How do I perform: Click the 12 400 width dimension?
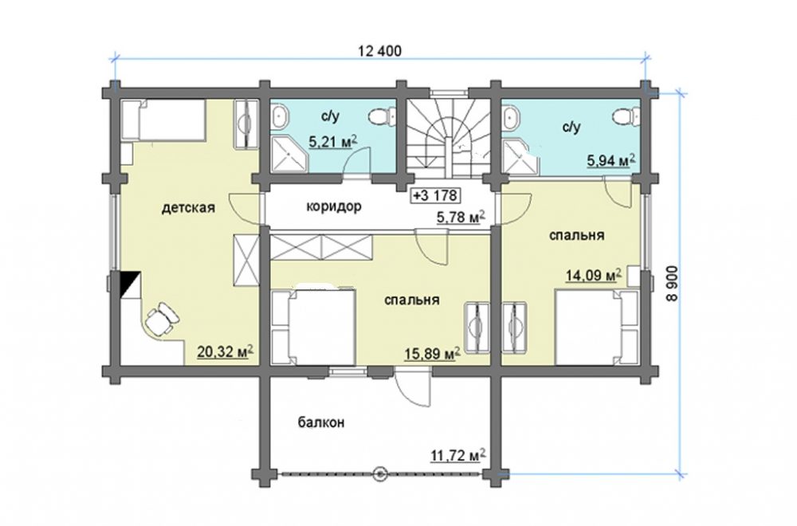coord(379,51)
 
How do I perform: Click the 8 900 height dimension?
coord(673,285)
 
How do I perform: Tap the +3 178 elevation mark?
coord(435,195)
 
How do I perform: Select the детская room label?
coord(189,208)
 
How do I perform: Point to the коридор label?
coord(334,207)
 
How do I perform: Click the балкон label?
coord(321,422)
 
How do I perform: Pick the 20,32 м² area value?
coord(226,351)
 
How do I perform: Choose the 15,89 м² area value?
coord(433,353)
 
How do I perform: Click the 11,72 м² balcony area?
coord(458,455)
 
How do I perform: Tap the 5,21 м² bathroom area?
coord(333,142)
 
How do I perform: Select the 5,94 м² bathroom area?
coord(611,161)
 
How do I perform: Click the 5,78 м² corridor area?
coord(461,218)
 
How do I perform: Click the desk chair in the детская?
coord(163,319)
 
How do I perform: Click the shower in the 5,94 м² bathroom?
coord(520,157)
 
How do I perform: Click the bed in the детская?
coord(163,120)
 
